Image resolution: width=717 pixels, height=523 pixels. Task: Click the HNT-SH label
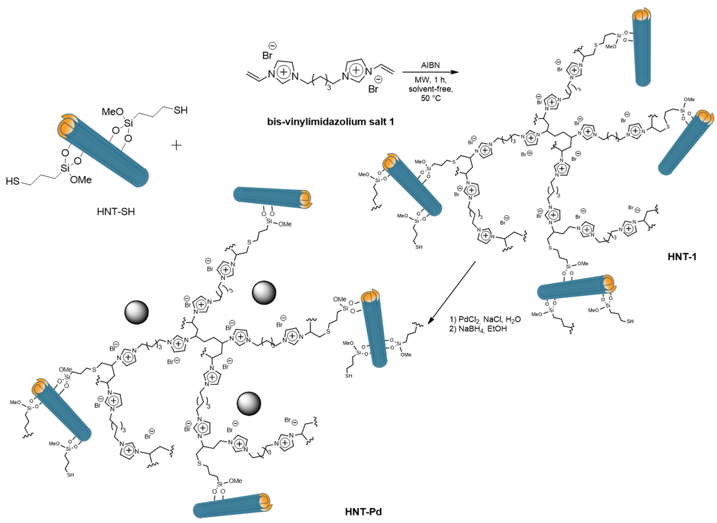point(116,211)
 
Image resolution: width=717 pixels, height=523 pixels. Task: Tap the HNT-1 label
point(682,256)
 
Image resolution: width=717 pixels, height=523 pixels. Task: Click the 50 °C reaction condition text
point(430,98)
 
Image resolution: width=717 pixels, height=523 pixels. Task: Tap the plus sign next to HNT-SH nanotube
point(176,145)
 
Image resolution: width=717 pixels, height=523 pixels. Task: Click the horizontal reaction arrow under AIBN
point(430,72)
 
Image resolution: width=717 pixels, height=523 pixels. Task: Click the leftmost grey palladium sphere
point(136,312)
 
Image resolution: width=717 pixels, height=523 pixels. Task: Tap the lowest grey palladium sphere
point(249,404)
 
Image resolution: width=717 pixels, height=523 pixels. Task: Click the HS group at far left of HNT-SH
point(13,181)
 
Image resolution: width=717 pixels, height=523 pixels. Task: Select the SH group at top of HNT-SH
point(180,110)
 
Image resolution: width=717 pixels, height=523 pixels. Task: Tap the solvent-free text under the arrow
point(430,89)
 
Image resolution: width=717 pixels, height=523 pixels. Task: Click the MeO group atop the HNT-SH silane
point(112,112)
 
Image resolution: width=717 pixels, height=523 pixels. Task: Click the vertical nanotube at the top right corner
point(641,47)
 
